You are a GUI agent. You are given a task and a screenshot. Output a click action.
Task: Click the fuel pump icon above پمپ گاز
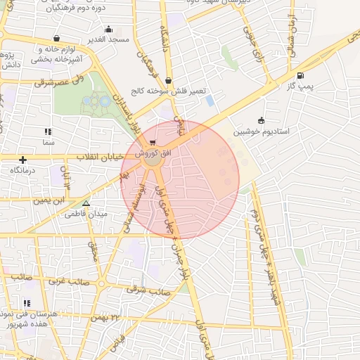coord(301,76)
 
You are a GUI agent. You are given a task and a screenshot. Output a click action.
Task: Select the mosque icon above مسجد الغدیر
coord(108,30)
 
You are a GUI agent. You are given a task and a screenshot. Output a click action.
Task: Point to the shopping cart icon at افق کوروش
coord(153,143)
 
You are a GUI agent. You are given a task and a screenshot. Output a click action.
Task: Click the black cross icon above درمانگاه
coord(23,160)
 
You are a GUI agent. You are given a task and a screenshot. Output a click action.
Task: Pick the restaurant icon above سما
coord(48,131)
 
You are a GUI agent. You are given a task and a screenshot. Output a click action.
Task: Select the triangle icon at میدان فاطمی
coord(86,204)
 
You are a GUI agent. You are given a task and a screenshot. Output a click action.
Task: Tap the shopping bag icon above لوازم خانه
coord(56,38)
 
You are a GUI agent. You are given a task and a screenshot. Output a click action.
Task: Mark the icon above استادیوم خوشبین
coord(262,120)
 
